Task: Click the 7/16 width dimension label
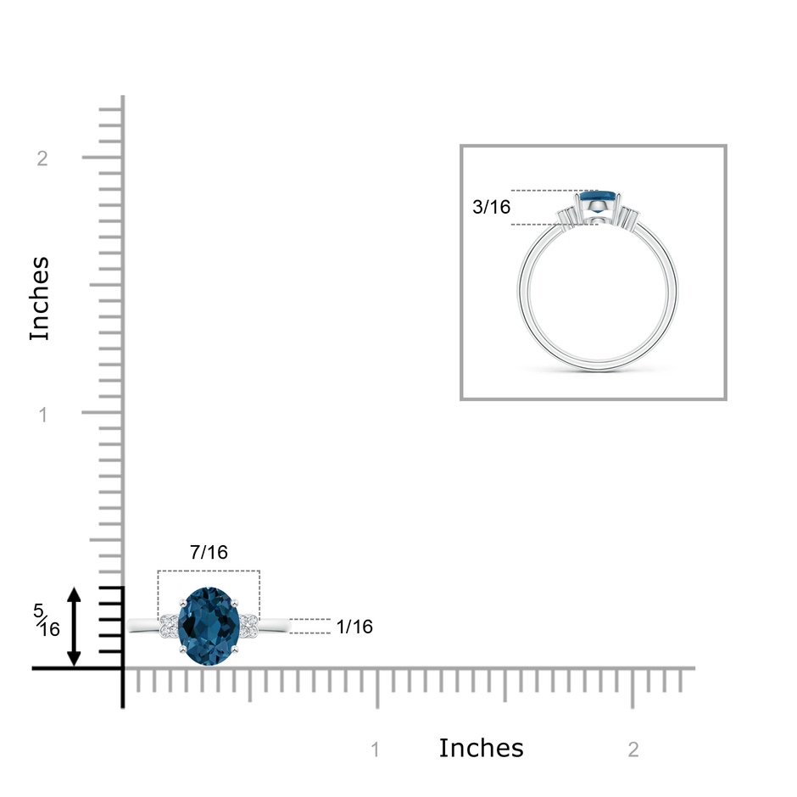click(209, 552)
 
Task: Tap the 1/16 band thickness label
click(354, 627)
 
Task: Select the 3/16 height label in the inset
click(491, 207)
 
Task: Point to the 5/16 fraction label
click(47, 620)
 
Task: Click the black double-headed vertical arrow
click(75, 627)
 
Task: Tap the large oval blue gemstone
click(209, 627)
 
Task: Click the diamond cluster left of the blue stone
click(168, 626)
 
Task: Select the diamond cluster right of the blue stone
click(249, 626)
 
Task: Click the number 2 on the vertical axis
click(42, 159)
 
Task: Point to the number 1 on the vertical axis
click(43, 415)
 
